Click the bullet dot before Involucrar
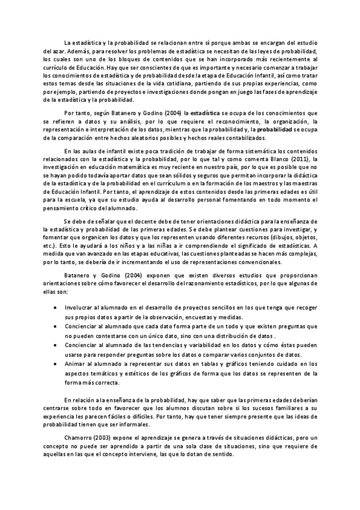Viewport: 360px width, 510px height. click(56, 307)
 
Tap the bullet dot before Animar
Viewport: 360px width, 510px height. click(56, 364)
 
